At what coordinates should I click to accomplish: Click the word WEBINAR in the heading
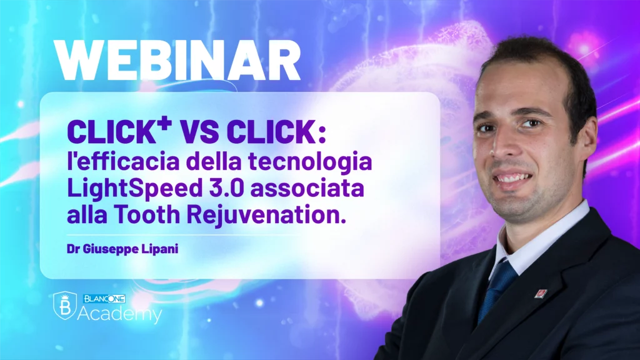click(x=177, y=61)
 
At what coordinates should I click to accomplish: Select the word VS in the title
click(x=199, y=132)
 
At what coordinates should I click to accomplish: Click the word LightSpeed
click(x=135, y=189)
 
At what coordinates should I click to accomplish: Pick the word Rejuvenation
click(x=266, y=216)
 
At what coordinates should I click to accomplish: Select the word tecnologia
click(x=310, y=162)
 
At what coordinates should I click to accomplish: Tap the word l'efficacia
click(x=123, y=161)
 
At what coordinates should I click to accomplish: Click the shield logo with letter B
click(x=65, y=305)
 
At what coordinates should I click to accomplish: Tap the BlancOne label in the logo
click(x=104, y=299)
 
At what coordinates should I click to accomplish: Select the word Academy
click(x=119, y=314)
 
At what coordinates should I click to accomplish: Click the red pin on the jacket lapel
click(x=541, y=293)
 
